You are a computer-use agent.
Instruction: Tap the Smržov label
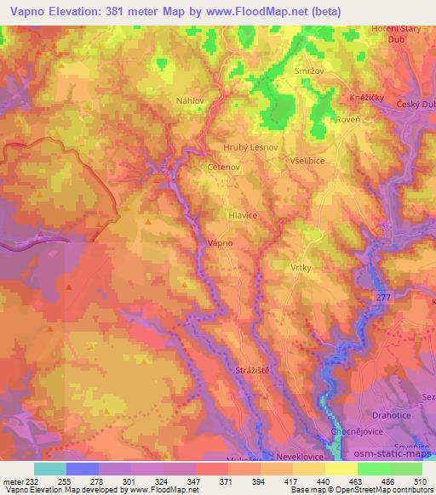(308, 71)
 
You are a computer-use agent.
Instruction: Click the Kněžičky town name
(368, 99)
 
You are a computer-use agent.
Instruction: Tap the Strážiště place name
(253, 372)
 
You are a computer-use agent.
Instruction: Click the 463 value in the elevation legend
(341, 479)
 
